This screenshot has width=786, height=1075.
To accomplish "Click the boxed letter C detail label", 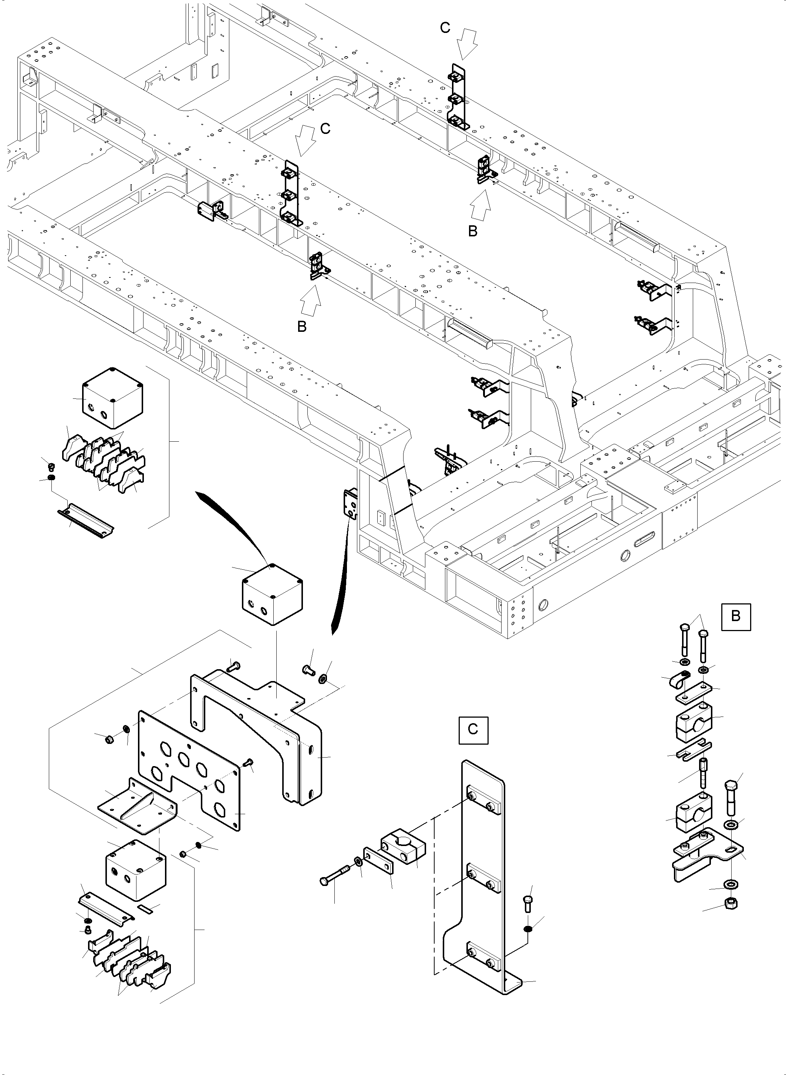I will pos(473,729).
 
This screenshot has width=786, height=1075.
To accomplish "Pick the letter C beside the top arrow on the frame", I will pos(445,28).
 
